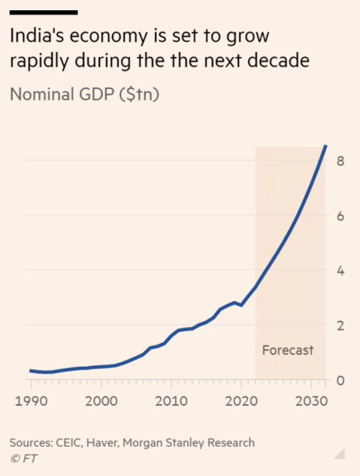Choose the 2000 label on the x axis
[101, 401]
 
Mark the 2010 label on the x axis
[171, 401]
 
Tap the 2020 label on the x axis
[241, 401]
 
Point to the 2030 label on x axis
[311, 401]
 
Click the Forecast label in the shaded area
[288, 350]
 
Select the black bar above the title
[43, 13]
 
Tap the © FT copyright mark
[24, 459]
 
